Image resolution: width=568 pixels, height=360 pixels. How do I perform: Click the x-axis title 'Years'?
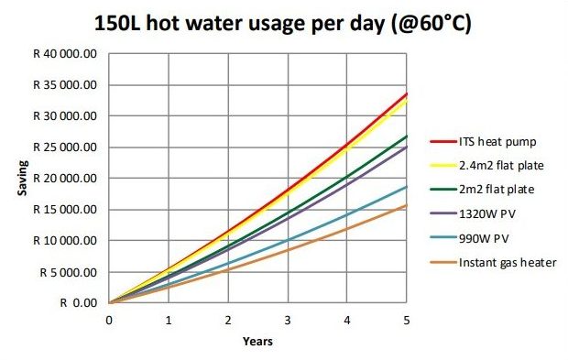coord(257,342)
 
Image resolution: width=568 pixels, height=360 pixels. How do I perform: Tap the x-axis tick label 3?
coord(288,320)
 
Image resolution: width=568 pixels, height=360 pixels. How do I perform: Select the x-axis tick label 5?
coord(407,320)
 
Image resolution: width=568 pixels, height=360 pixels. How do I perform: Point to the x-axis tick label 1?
coord(169,320)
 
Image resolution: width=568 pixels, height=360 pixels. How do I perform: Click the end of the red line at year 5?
coord(407,93)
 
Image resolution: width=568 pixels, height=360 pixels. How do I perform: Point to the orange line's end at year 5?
coord(407,205)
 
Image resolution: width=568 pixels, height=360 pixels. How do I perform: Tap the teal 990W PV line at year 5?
coord(407,187)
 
